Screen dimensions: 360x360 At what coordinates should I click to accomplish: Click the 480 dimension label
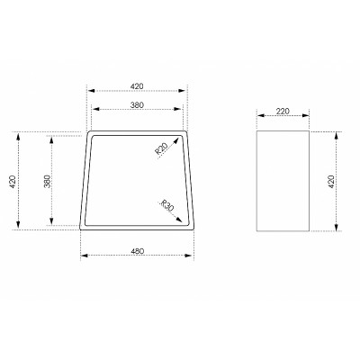click(x=138, y=251)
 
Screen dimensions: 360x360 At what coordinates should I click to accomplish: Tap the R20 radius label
click(x=161, y=148)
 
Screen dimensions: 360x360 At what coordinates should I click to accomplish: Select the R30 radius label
click(x=167, y=205)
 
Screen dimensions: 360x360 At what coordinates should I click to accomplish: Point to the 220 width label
click(x=283, y=112)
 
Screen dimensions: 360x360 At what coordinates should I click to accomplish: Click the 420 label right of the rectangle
click(x=331, y=182)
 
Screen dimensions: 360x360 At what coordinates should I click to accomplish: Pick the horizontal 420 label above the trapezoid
click(x=137, y=86)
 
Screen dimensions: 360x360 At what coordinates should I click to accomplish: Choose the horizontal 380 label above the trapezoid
click(x=137, y=105)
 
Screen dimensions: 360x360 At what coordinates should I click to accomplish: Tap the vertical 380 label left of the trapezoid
click(x=48, y=181)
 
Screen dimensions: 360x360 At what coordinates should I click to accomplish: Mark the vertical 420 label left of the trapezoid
click(x=13, y=182)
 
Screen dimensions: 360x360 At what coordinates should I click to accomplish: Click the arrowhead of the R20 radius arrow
click(x=175, y=140)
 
